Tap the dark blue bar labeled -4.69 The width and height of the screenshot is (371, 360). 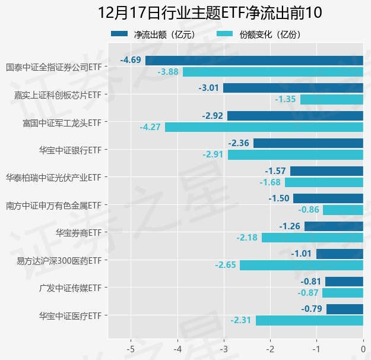254,60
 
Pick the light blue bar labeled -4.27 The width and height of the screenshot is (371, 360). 264,127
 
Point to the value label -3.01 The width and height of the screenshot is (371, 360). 209,88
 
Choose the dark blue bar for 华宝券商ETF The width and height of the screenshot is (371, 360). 334,226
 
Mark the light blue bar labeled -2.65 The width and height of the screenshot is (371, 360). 302,265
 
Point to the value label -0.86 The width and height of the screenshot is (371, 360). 308,210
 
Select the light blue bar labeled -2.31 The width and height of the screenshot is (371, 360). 309,320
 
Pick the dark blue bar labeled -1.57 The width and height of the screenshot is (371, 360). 326,171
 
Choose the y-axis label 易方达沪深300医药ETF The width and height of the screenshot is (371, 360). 59,261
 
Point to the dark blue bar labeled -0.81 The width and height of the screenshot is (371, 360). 344,282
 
